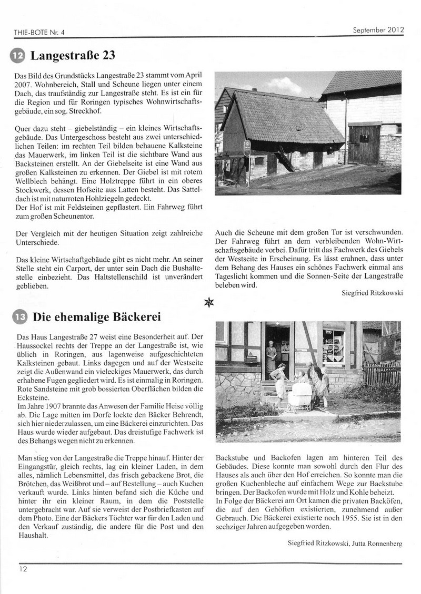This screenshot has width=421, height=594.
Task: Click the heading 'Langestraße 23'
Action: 73,56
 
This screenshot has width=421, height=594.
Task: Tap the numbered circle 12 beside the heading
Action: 17,56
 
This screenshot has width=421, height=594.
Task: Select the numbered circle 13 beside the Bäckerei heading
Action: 18,317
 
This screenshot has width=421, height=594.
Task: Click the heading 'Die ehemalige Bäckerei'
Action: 96,317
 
